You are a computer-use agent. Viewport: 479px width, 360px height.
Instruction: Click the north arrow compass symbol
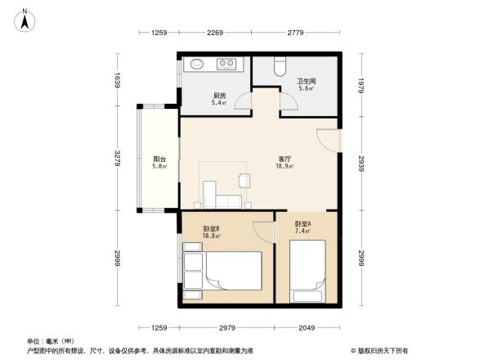(x=26, y=18)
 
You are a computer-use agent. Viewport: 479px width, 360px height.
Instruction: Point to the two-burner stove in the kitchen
(x=226, y=64)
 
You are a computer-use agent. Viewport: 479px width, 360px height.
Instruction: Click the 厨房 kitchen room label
(x=218, y=95)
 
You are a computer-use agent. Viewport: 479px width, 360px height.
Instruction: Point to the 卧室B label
(x=213, y=229)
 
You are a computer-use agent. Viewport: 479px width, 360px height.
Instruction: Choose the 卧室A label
(x=302, y=223)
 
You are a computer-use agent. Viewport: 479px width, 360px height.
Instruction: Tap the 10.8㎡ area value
(x=213, y=237)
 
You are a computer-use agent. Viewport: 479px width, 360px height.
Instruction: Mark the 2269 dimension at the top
(x=215, y=33)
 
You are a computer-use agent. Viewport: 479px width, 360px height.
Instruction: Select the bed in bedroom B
(x=232, y=270)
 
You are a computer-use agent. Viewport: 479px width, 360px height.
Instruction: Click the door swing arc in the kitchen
(x=242, y=101)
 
